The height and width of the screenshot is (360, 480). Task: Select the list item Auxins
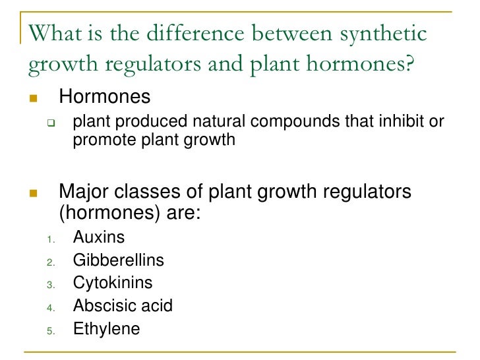[99, 237]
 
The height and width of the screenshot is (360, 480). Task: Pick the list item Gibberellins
[119, 260]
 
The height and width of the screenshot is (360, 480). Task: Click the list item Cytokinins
[113, 283]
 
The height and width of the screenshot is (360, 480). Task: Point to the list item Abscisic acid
[123, 306]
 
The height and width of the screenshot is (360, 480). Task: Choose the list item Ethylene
[107, 328]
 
